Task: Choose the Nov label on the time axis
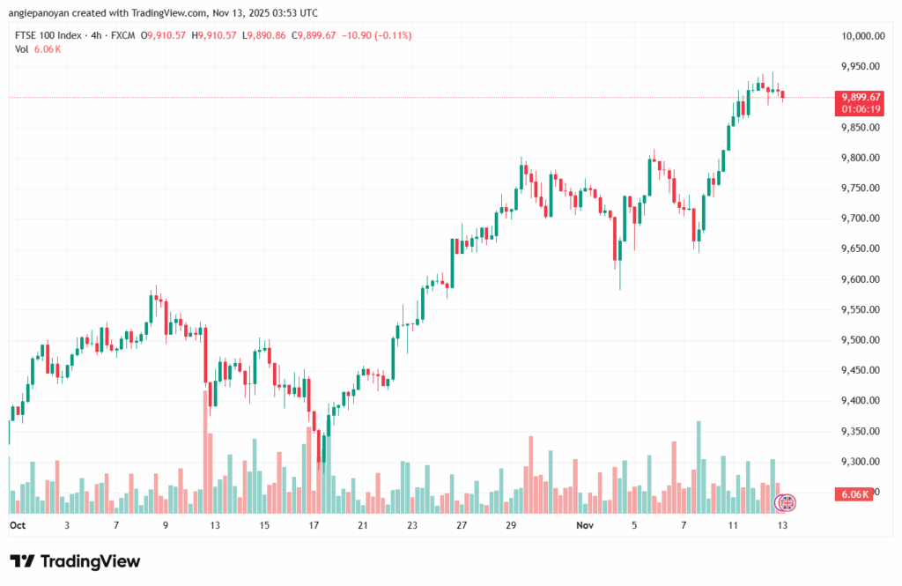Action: point(586,524)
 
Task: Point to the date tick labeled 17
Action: point(313,524)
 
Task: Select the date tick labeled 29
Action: point(511,524)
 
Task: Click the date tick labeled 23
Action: point(412,524)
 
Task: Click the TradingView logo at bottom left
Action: point(75,561)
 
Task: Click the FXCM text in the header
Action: point(124,35)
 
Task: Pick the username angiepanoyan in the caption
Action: point(42,11)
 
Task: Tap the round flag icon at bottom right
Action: point(784,503)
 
